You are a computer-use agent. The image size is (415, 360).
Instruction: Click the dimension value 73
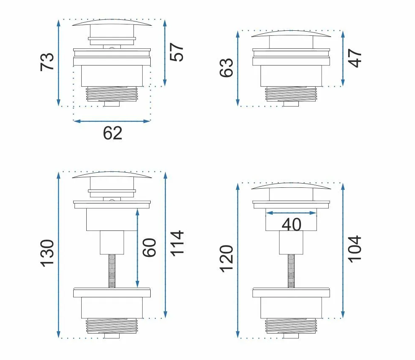tap(47, 62)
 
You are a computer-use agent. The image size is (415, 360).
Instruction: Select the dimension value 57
tap(176, 52)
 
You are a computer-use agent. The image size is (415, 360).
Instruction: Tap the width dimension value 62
tap(112, 133)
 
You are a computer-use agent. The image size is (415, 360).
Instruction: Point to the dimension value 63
tap(226, 68)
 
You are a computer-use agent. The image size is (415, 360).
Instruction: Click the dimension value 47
tap(355, 58)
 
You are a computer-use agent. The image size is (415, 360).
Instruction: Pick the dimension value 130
tap(47, 253)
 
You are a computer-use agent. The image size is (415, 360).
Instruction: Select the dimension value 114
tap(176, 243)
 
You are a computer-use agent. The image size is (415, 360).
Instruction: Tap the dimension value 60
tap(149, 248)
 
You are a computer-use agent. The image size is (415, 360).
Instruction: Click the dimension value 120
tap(226, 259)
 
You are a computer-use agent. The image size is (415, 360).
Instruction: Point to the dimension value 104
tap(355, 249)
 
